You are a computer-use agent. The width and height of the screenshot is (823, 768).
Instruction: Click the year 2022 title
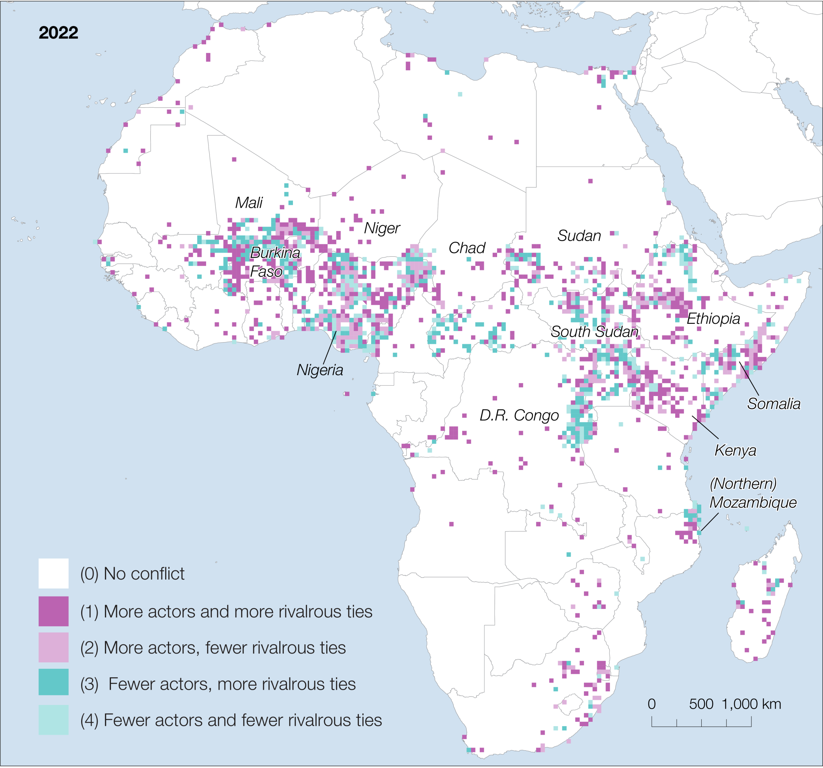pos(58,33)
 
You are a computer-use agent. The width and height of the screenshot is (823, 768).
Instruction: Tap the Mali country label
pos(249,203)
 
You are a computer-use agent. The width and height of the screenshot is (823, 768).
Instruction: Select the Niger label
pos(382,228)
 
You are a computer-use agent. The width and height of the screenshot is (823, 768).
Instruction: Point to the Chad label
pos(467,248)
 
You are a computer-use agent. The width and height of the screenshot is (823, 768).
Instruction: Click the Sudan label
pos(579,235)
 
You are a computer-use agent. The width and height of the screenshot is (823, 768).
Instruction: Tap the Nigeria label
pos(319,370)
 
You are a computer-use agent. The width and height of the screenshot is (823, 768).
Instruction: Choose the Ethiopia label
pos(713,319)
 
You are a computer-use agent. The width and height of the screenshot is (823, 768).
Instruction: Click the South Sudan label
pos(594,331)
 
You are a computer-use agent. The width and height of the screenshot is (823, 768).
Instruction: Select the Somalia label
pos(773,403)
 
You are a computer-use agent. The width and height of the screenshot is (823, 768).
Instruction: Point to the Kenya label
pos(735,450)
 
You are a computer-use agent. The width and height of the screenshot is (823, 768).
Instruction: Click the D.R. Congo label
pos(519,415)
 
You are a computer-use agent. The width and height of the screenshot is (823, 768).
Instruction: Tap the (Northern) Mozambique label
pos(753,493)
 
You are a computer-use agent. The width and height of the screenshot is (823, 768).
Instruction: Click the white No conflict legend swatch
pos(53,574)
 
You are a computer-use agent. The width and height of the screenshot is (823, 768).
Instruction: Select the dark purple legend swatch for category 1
pos(53,611)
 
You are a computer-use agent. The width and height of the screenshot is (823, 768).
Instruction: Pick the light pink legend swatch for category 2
pos(53,647)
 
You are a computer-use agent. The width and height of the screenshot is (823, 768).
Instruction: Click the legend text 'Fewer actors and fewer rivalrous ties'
pos(242,720)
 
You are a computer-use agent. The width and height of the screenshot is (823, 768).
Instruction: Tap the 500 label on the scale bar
pos(701,704)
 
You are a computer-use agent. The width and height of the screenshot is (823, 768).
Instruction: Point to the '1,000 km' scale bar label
pos(751,704)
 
